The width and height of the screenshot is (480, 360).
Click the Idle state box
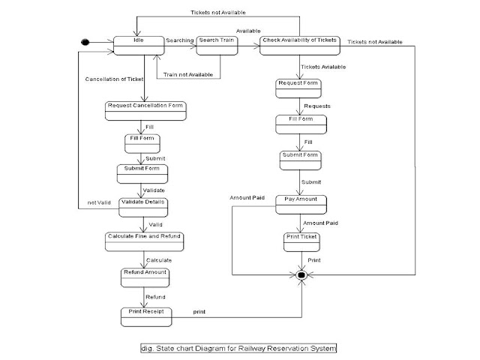pos(137,45)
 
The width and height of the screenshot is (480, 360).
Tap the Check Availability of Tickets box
pos(300,45)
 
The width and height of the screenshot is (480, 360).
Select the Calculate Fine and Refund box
pos(144,241)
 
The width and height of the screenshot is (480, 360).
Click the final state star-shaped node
pos(301,276)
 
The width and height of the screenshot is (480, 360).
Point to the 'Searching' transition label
pos(179,40)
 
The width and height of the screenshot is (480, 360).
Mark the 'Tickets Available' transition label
pos(324,67)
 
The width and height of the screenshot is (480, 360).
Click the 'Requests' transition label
pos(316,106)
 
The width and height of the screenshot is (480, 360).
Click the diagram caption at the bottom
pos(239,348)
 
